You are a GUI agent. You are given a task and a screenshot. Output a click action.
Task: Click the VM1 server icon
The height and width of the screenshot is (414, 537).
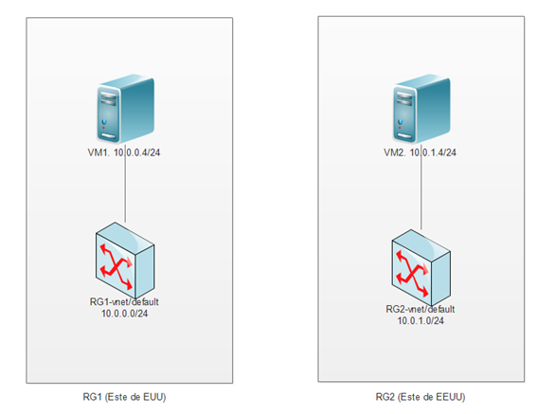[125, 109]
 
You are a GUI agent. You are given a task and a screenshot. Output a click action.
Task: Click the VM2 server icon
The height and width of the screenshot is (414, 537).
[421, 109]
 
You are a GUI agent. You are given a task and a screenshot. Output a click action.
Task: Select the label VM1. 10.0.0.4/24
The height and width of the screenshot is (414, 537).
[124, 153]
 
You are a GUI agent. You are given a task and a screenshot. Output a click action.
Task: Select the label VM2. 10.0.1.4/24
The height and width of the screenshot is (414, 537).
[421, 153]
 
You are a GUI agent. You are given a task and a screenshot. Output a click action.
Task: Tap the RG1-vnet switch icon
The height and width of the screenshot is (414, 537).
[125, 261]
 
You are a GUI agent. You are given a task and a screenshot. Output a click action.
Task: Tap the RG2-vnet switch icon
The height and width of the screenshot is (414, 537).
[421, 268]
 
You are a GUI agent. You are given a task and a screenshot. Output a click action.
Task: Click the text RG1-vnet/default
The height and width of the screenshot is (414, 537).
[124, 302]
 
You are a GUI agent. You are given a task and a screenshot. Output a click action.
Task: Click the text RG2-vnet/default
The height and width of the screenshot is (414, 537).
[421, 309]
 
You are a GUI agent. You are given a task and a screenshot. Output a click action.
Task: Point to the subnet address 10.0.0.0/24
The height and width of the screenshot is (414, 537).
[125, 314]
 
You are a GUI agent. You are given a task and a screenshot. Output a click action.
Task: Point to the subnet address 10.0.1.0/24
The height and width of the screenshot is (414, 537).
[421, 321]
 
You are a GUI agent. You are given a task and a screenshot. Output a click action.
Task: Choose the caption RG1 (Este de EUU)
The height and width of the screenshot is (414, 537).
[124, 397]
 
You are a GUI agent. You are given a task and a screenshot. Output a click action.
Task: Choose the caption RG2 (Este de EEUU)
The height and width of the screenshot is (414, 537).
[421, 397]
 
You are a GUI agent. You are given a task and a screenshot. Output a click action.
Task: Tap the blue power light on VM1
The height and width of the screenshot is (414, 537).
[104, 121]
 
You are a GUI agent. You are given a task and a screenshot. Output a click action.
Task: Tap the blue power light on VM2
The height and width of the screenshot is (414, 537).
[400, 121]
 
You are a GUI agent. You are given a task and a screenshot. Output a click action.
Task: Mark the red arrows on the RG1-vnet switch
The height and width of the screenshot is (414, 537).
[116, 266]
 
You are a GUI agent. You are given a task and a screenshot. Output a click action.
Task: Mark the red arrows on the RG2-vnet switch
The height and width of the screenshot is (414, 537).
[412, 274]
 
